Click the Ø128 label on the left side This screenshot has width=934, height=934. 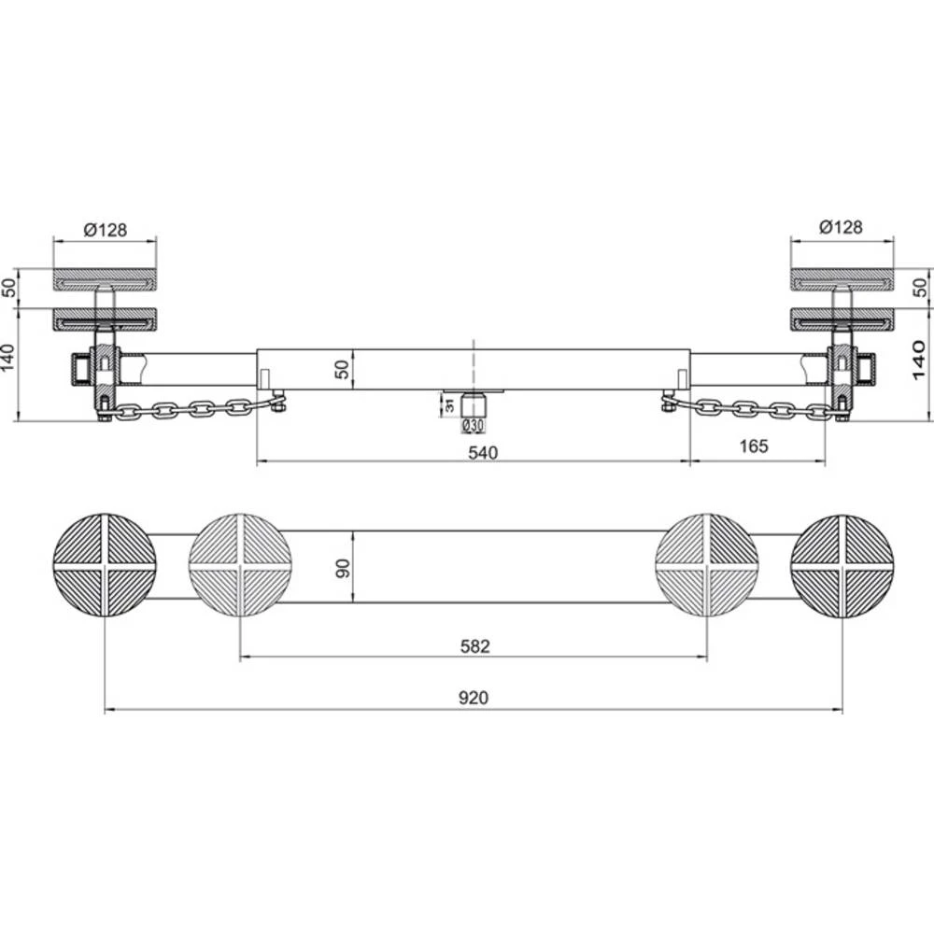tap(106, 228)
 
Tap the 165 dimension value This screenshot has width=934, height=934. tap(752, 446)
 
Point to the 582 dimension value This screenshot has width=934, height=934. tap(474, 645)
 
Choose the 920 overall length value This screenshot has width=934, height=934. tap(474, 698)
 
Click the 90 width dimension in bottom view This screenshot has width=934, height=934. tap(343, 568)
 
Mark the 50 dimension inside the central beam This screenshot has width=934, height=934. tap(343, 369)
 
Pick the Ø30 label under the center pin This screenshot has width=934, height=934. tap(474, 427)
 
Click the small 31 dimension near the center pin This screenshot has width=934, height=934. tap(448, 403)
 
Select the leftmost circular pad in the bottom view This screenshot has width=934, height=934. tap(105, 565)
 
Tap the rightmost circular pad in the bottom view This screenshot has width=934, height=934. tap(842, 565)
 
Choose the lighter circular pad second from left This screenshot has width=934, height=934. tap(240, 565)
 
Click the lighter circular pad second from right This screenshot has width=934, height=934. tap(707, 565)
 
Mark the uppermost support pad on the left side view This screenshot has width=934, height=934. tap(105, 279)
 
